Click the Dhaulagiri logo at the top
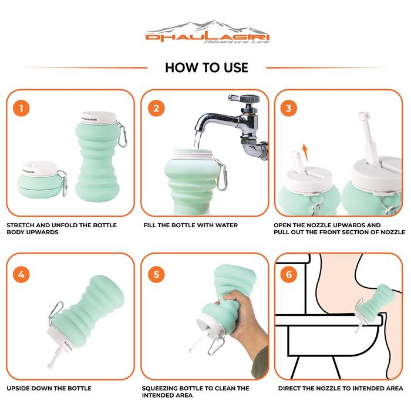point(207,32)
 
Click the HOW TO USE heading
point(207,68)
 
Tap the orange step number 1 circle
point(21,108)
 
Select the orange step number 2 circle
point(156,108)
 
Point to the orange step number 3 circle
point(289,108)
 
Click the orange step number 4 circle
point(21,274)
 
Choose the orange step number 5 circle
point(156,274)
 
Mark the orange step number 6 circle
point(289,274)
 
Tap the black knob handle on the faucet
point(250,99)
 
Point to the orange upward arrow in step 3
point(305,153)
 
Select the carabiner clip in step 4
point(56,313)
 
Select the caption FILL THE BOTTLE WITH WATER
point(191,225)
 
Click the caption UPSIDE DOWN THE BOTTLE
point(49,388)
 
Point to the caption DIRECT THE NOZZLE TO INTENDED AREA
point(341,388)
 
